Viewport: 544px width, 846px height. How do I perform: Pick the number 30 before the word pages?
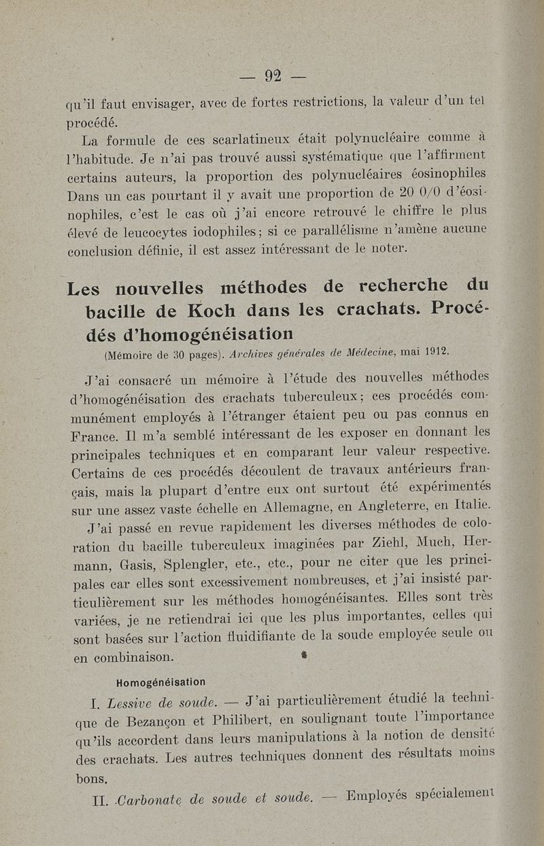[x=179, y=353]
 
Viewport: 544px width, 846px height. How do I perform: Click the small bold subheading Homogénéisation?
[x=161, y=682]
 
